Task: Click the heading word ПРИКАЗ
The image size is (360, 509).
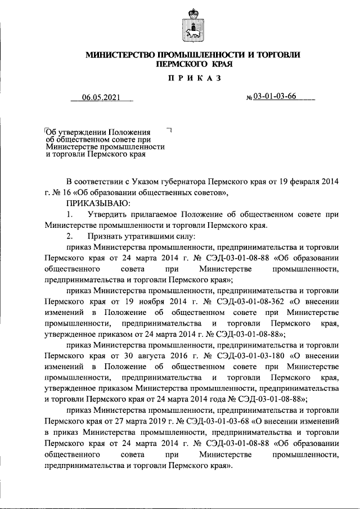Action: pos(193,78)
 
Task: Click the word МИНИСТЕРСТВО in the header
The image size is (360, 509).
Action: pos(120,55)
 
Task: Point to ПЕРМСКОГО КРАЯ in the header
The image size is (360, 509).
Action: pos(193,64)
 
